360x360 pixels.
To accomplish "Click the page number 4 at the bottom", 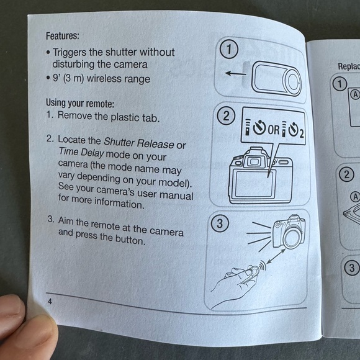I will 50,301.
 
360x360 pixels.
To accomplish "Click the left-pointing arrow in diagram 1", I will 235,74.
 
